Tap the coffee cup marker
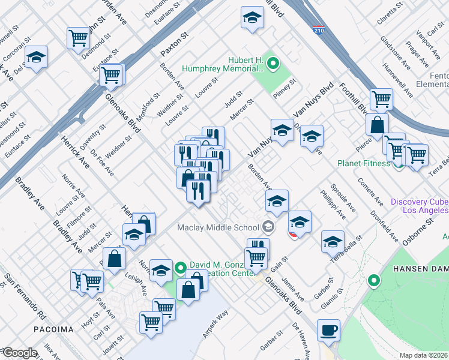coord(329,331)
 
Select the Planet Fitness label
coord(364,163)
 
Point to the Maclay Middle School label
coord(218,227)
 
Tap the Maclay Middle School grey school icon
coord(268,227)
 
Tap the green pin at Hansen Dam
coord(373,280)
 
